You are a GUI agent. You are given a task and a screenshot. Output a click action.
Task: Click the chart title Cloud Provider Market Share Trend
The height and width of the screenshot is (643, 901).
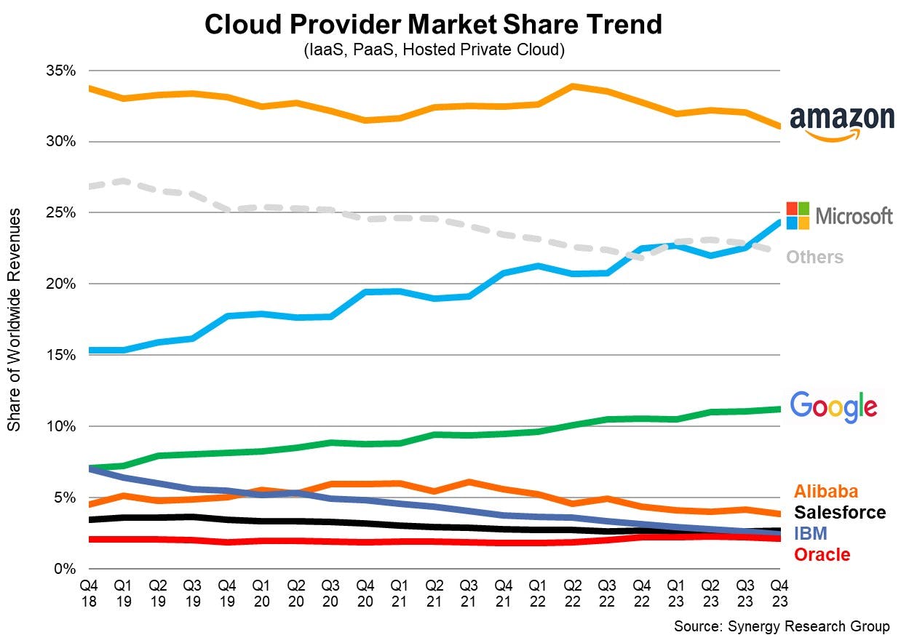point(433,25)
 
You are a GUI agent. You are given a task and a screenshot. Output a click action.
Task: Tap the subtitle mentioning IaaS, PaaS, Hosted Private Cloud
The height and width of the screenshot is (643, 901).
point(433,50)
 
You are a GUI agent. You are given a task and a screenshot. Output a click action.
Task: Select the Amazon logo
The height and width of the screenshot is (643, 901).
point(841,121)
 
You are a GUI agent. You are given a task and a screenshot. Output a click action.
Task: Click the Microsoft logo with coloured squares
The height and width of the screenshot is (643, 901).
point(840,215)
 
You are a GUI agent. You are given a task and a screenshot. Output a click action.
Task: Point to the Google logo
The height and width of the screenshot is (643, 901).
point(833,406)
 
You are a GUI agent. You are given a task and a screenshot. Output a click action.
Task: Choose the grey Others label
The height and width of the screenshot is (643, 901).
point(814,257)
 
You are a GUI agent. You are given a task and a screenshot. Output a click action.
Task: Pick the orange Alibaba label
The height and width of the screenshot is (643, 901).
point(826,491)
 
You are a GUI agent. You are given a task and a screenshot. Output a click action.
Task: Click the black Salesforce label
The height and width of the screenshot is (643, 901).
point(840,513)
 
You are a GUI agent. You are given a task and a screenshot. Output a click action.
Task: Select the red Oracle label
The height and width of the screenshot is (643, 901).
point(822,555)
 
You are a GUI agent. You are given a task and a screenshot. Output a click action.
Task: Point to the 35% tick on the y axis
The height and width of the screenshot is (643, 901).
point(62,71)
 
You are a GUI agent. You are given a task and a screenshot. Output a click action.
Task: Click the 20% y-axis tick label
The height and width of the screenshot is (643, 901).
point(62,284)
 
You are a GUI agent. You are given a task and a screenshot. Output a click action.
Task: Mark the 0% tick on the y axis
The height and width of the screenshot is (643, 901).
point(66,569)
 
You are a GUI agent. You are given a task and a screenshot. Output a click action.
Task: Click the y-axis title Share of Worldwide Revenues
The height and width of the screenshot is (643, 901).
point(14,319)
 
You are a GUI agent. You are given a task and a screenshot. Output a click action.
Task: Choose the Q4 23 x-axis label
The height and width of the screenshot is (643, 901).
point(780,593)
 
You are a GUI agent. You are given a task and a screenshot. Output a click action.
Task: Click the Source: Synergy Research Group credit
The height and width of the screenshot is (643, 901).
point(782,626)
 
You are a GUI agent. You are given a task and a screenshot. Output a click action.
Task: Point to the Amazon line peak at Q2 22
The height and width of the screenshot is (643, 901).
point(573,87)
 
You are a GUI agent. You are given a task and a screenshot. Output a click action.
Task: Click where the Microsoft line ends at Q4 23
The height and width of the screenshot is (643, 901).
point(779,223)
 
